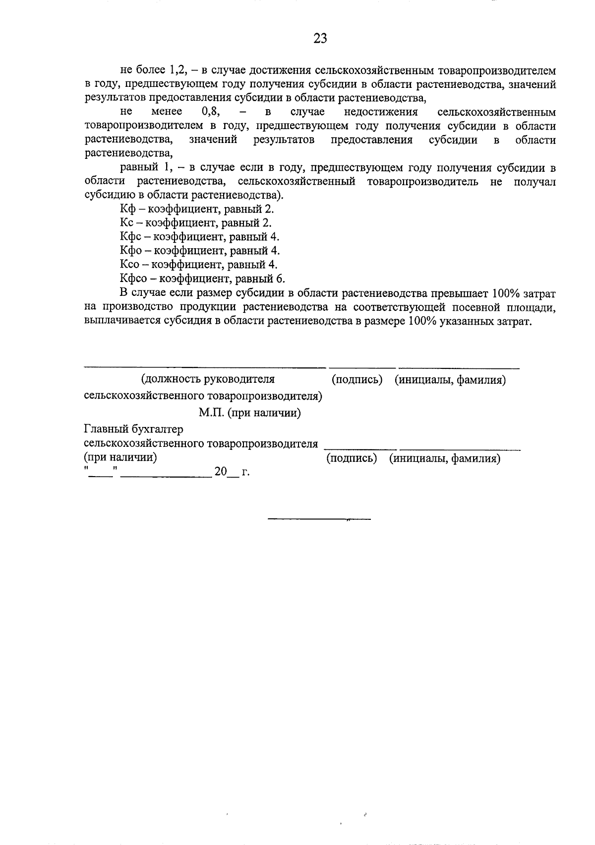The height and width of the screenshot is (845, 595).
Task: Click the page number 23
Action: [320, 39]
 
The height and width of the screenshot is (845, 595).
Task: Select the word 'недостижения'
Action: [381, 112]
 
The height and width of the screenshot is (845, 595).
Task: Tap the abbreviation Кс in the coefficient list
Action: [127, 223]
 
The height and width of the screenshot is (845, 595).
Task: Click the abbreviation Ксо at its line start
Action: [130, 265]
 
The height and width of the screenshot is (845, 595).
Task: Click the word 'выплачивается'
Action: [117, 321]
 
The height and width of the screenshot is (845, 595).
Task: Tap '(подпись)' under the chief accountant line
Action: [352, 459]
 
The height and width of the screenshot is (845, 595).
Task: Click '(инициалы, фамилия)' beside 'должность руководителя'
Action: [450, 381]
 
